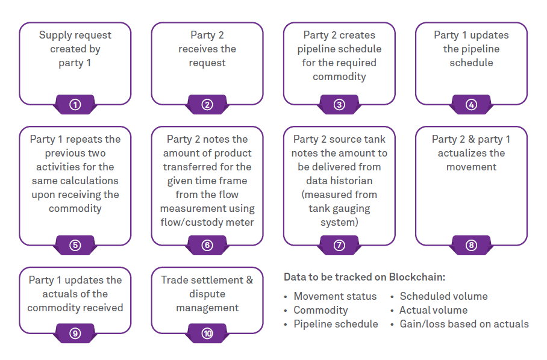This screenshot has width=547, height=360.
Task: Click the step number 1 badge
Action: pos(75,105)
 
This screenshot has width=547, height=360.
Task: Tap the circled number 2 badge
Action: pos(207,105)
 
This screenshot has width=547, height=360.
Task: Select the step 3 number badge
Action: pos(339,105)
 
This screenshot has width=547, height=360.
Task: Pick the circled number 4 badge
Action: pos(471,105)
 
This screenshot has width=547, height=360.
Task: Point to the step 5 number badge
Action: pos(75,245)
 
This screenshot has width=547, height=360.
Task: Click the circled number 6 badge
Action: pos(207,245)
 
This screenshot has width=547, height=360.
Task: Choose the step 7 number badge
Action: pos(339,245)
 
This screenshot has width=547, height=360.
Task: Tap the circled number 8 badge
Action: pos(471,245)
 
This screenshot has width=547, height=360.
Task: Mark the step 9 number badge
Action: pos(75,333)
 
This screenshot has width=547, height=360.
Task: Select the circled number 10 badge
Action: pos(207,333)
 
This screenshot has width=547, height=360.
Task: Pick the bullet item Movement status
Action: pos(335,296)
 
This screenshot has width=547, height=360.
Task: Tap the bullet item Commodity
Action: pos(320,310)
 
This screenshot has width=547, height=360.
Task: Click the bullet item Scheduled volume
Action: pos(443,296)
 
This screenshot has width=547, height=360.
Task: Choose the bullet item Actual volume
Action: pos(433,310)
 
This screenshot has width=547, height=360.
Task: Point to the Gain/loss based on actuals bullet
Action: pos(464,324)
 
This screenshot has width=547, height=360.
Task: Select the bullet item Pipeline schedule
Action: pos(336,324)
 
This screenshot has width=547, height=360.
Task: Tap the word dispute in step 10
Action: pos(207,294)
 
